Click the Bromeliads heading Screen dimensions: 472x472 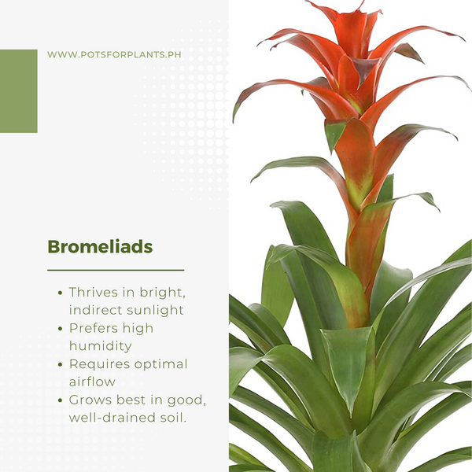(x=100, y=247)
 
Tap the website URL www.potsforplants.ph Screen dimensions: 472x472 (x=114, y=55)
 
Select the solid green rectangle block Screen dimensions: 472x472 (x=19, y=91)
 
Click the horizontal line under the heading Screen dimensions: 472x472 (x=116, y=271)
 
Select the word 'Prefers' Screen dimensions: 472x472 (x=94, y=328)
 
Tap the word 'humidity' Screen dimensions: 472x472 (x=100, y=346)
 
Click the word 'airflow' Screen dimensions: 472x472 (x=92, y=382)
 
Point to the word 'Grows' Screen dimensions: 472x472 (x=90, y=400)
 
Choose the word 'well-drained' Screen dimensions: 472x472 (x=109, y=418)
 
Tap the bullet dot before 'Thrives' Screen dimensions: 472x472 (x=61, y=293)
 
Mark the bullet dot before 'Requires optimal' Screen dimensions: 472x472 (x=61, y=364)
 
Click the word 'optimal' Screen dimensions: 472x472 (x=160, y=364)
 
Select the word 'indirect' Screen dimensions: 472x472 (x=96, y=310)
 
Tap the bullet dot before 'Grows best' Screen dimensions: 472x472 (x=61, y=400)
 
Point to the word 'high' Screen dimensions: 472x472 (x=138, y=328)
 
